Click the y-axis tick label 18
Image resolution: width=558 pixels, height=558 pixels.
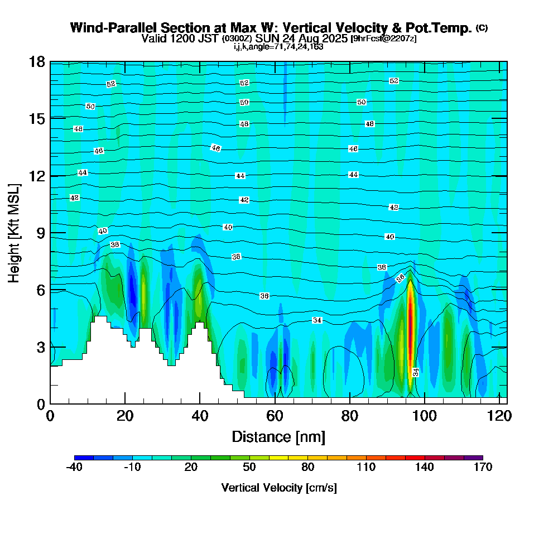click(37, 61)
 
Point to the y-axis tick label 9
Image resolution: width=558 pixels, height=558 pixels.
click(40, 233)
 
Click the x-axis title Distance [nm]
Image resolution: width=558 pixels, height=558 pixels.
click(278, 436)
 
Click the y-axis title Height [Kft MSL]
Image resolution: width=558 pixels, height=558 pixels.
click(14, 233)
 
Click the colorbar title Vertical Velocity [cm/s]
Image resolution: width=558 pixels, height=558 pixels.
click(278, 488)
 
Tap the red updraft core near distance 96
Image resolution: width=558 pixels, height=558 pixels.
click(411, 324)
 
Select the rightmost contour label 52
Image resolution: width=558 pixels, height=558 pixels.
click(394, 81)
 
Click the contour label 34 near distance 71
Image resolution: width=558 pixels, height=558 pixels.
click(317, 320)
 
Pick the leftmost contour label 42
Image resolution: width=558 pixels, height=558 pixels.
click(75, 198)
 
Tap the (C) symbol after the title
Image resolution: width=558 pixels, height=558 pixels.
click(482, 28)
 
